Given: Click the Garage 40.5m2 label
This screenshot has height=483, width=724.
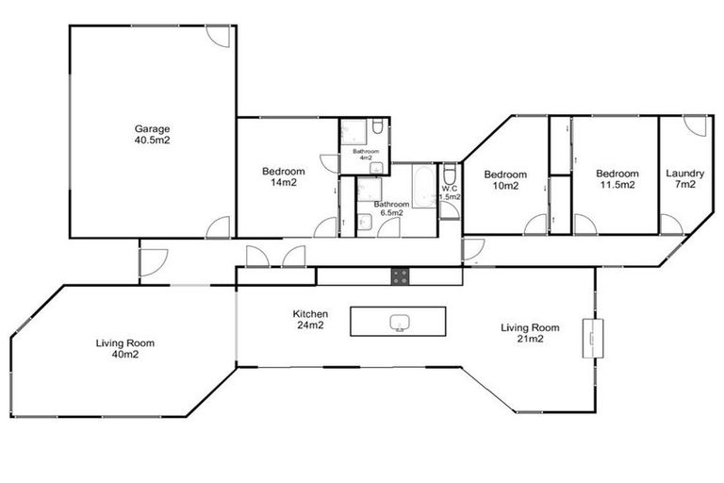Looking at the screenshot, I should (x=152, y=134).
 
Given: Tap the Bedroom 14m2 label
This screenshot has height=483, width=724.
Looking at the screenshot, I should (x=284, y=176).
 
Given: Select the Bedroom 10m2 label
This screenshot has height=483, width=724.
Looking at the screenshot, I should (x=506, y=179).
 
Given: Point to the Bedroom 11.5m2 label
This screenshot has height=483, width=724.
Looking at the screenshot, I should (x=617, y=179).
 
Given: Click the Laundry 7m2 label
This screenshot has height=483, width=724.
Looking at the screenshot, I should (x=685, y=179).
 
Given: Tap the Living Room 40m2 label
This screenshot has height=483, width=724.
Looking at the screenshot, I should (x=124, y=349).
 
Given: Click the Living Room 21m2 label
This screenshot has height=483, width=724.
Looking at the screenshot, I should (x=529, y=333).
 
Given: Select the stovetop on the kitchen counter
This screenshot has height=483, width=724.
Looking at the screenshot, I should (x=401, y=276).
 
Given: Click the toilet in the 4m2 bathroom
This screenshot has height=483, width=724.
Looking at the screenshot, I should (x=376, y=128).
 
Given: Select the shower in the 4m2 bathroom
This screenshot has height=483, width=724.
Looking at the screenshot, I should (x=352, y=131).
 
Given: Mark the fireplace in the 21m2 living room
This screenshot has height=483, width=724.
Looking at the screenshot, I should (x=591, y=337).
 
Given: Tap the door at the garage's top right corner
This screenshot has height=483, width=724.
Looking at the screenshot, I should (x=218, y=36).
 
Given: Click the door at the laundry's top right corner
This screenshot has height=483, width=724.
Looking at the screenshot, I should (x=695, y=126).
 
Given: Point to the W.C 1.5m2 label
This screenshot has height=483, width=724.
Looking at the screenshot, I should (x=450, y=192).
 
